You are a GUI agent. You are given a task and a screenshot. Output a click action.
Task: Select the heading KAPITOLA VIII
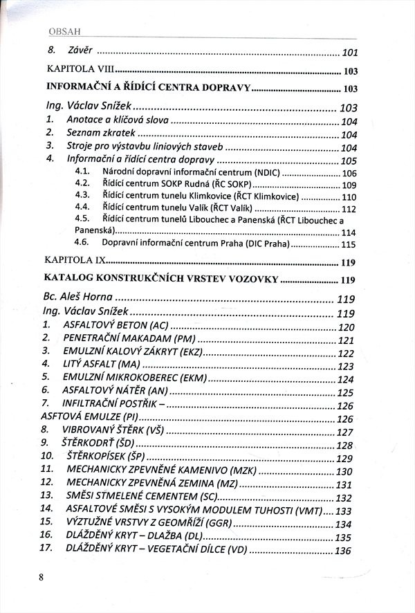point(79,71)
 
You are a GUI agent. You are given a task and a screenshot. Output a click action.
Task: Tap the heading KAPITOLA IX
point(75,262)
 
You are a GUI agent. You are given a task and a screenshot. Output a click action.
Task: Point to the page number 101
point(349,53)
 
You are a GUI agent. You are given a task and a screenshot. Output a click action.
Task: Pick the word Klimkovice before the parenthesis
point(189,196)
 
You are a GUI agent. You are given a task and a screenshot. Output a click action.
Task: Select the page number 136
point(344,551)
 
